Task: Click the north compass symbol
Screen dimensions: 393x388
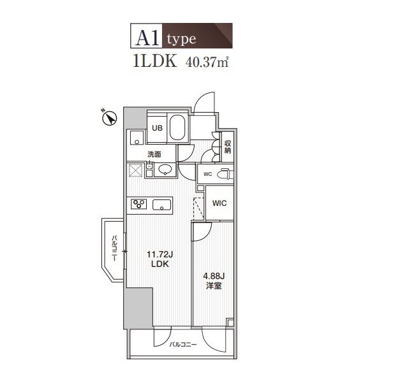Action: pyautogui.click(x=110, y=118)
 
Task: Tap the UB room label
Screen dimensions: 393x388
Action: pyautogui.click(x=157, y=128)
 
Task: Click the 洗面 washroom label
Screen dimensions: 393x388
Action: pyautogui.click(x=154, y=154)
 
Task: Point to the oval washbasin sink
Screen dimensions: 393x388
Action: pyautogui.click(x=165, y=169)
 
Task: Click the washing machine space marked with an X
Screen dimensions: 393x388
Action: pyautogui.click(x=136, y=170)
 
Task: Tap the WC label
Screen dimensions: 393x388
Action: pyautogui.click(x=207, y=174)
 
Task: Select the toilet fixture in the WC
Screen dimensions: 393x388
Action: pyautogui.click(x=225, y=174)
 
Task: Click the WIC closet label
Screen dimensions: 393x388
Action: pyautogui.click(x=219, y=203)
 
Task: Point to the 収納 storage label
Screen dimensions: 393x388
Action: pyautogui.click(x=228, y=147)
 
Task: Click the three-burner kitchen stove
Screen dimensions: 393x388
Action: pyautogui.click(x=138, y=204)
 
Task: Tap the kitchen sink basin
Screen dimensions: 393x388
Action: pyautogui.click(x=161, y=205)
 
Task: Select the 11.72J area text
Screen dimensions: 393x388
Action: pyautogui.click(x=159, y=255)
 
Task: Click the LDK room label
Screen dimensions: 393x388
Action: pyautogui.click(x=160, y=264)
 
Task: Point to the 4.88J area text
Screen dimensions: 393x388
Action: pyautogui.click(x=214, y=277)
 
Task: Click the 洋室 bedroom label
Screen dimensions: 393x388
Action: pyautogui.click(x=214, y=285)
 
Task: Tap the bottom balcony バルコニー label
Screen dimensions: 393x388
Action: pyautogui.click(x=183, y=345)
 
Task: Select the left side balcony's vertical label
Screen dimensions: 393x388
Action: pyautogui.click(x=114, y=248)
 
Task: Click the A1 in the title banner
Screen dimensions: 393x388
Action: pyautogui.click(x=147, y=38)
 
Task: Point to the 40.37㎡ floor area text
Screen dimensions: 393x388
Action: pyautogui.click(x=207, y=62)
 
